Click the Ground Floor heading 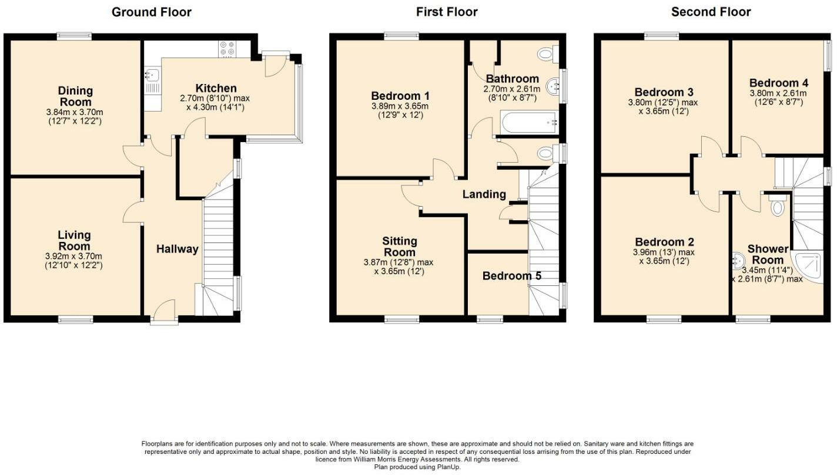coord(151,12)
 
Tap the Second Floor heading coord(711,12)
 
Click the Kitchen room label coord(216,89)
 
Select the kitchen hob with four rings coord(227,48)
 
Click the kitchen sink coord(151,75)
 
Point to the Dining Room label coord(75,96)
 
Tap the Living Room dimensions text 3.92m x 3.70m coord(74,256)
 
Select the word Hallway coord(177,250)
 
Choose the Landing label coord(484,194)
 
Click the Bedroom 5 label coord(511,275)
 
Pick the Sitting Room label coord(400,246)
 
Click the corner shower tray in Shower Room coord(811,267)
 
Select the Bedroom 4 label coord(774,83)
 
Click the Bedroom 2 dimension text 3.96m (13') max coord(664,252)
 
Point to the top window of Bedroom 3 coord(661,36)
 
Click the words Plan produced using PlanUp coord(418,467)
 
